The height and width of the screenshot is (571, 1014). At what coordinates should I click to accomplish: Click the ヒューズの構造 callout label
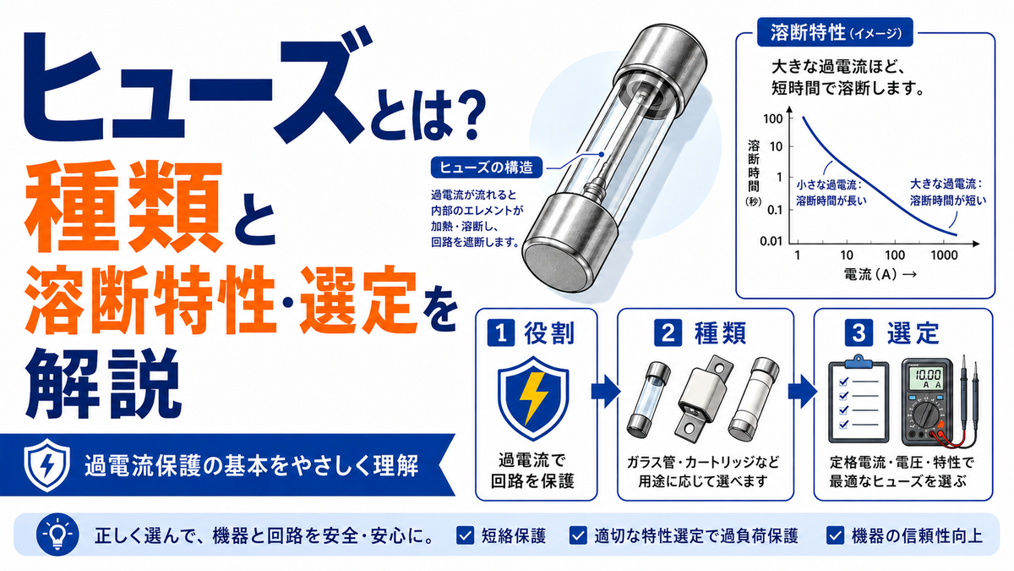tap(487, 167)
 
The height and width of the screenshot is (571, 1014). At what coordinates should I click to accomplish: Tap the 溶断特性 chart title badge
tap(835, 32)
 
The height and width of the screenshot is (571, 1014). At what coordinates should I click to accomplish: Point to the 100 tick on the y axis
tap(772, 118)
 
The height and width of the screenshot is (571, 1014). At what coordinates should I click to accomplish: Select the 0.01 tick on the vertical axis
tap(771, 240)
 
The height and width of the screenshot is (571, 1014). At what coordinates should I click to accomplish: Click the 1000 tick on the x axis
tap(944, 255)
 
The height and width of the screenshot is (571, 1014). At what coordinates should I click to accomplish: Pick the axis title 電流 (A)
tap(870, 275)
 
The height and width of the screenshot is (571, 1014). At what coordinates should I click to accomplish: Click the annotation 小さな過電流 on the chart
tap(828, 185)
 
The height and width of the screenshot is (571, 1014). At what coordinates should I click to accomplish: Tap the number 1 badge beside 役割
tap(500, 333)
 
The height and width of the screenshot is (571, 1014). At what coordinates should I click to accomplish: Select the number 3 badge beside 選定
tap(859, 333)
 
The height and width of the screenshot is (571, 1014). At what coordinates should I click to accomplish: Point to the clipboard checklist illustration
tap(859, 398)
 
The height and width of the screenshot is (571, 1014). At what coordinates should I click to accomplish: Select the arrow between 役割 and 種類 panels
tap(606, 391)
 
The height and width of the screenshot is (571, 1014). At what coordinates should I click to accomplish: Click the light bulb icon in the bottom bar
tap(57, 535)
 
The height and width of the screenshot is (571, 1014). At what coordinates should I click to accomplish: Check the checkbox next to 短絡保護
tap(465, 535)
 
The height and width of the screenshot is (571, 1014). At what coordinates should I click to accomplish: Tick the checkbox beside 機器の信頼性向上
tap(835, 535)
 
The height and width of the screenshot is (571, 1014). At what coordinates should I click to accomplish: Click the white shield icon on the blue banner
tap(47, 464)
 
